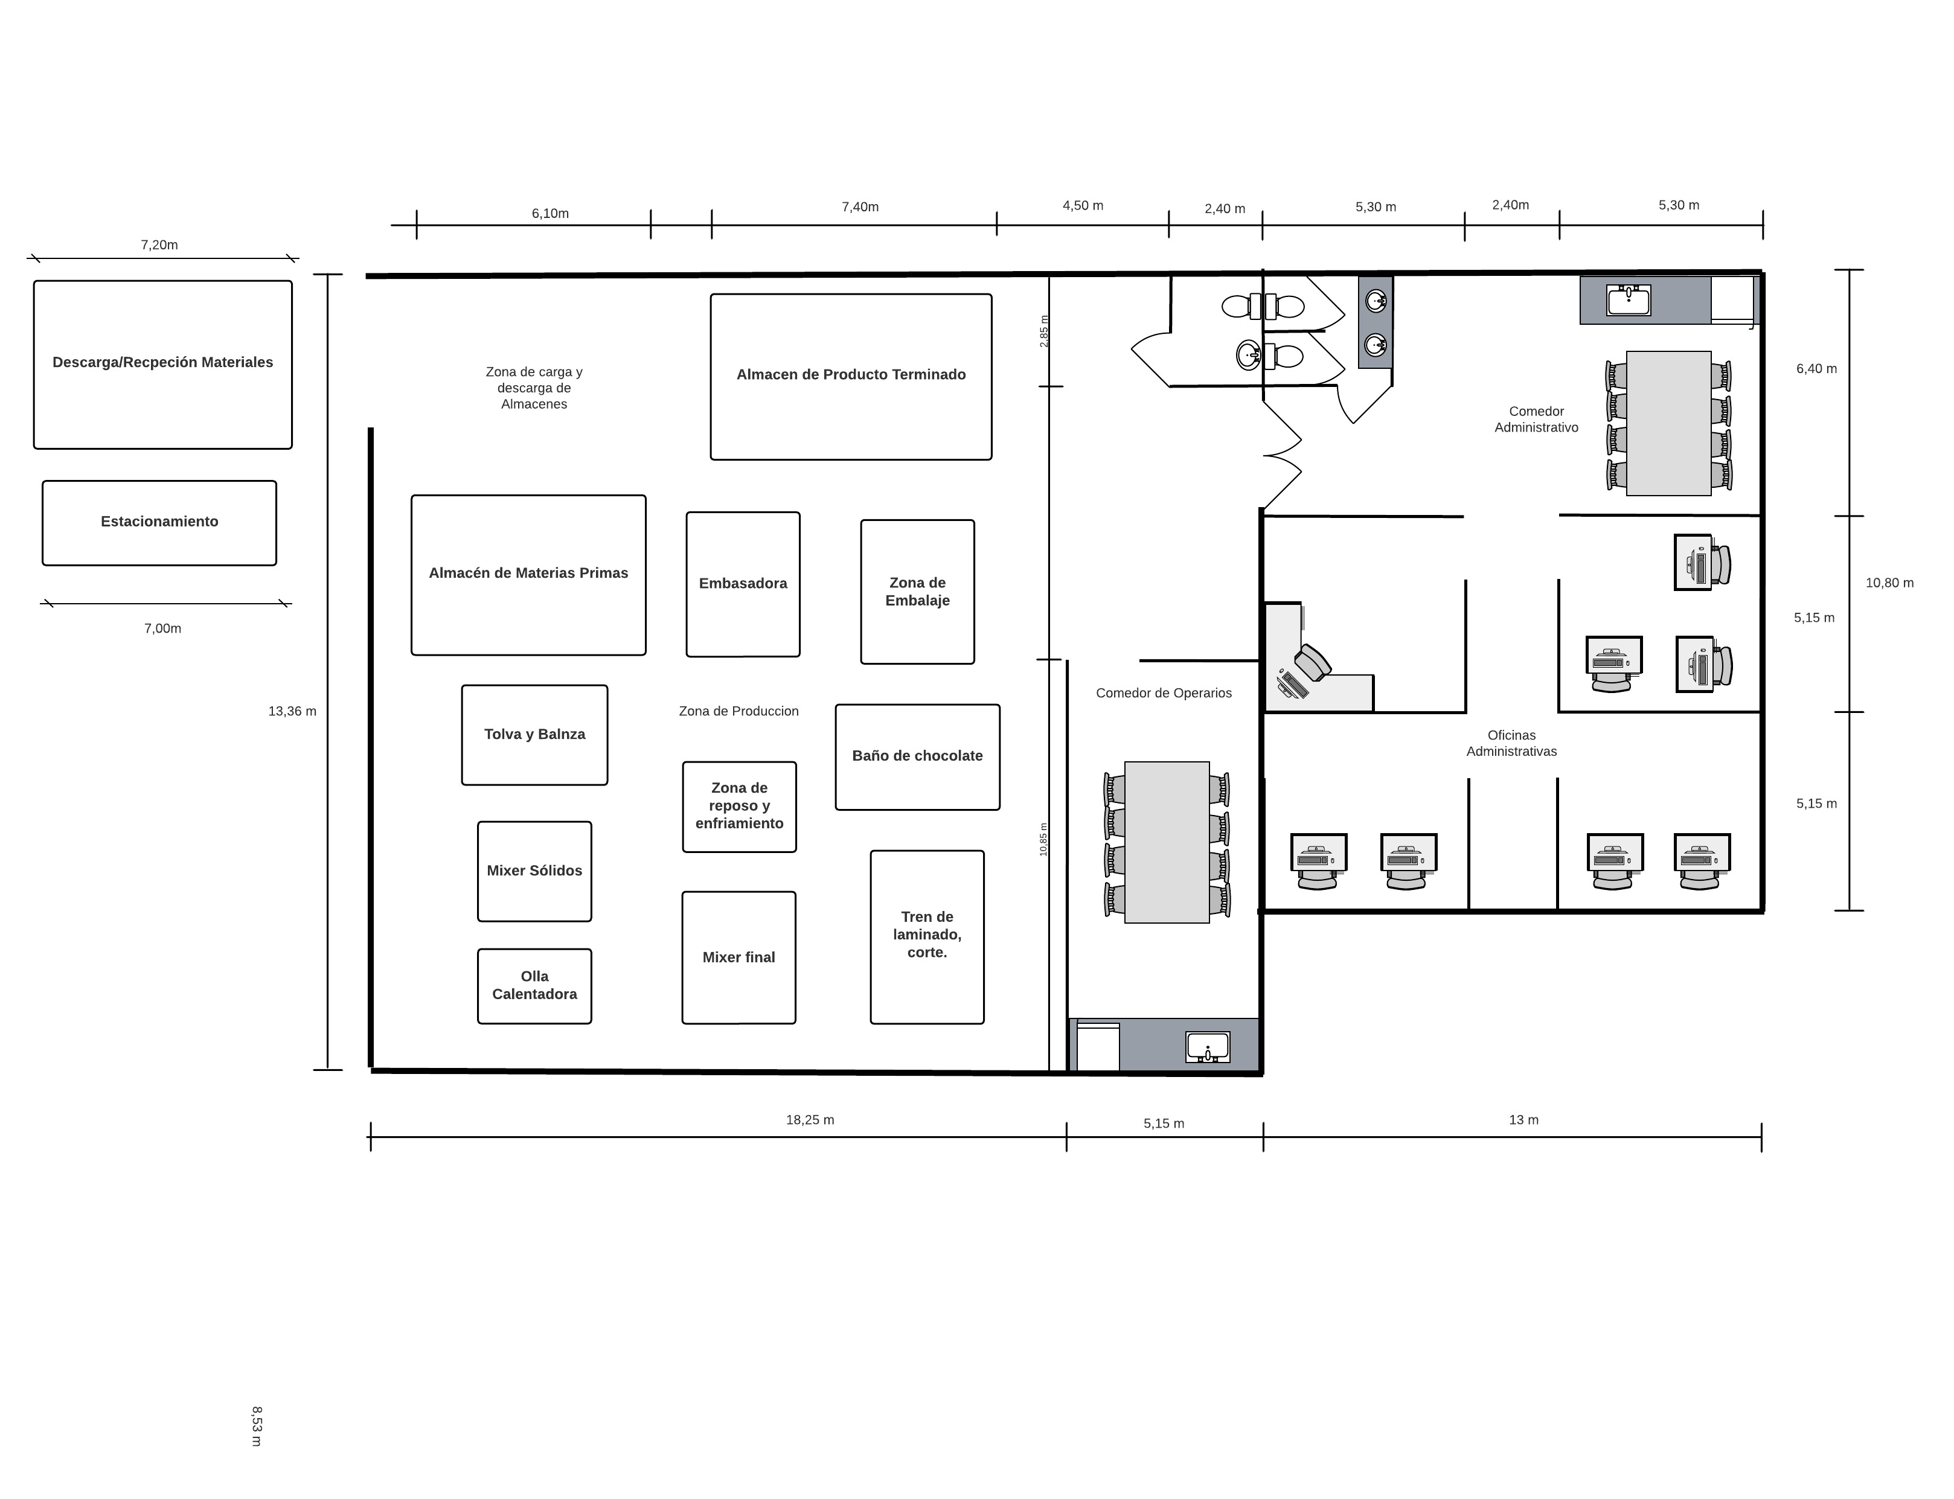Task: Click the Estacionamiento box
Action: pyautogui.click(x=159, y=523)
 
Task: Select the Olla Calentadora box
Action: pyautogui.click(x=534, y=986)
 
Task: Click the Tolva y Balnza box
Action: pyautogui.click(x=534, y=735)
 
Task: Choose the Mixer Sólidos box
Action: pyautogui.click(x=534, y=871)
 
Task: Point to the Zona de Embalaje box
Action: pyautogui.click(x=917, y=592)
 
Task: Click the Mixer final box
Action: pyautogui.click(x=738, y=957)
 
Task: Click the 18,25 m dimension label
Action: pyautogui.click(x=810, y=1120)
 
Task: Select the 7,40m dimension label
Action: pyautogui.click(x=860, y=207)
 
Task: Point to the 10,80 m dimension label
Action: pyautogui.click(x=1890, y=583)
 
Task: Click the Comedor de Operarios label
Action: pyautogui.click(x=1164, y=693)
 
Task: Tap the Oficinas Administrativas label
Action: pyautogui.click(x=1511, y=743)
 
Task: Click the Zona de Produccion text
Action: pyautogui.click(x=738, y=711)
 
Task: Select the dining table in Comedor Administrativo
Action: pyautogui.click(x=1668, y=423)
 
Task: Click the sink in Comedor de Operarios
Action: pyautogui.click(x=1208, y=1047)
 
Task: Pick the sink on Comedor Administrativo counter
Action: pyautogui.click(x=1629, y=300)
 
